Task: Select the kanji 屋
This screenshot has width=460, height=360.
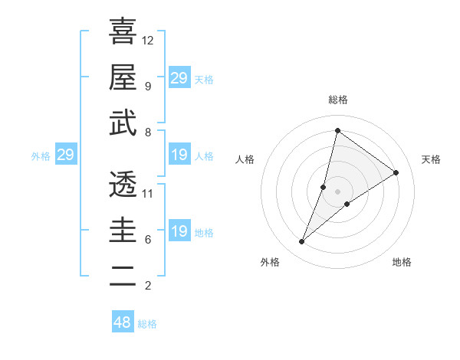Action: pos(123,76)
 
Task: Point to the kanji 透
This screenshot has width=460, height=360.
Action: pos(123,184)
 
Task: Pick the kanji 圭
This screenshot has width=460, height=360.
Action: pos(123,230)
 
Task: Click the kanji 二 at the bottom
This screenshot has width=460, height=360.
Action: pos(123,277)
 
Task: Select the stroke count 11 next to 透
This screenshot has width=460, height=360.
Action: pos(148,193)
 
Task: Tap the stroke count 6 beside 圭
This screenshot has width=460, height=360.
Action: pos(147,240)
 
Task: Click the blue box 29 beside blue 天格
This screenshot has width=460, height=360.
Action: pos(179,78)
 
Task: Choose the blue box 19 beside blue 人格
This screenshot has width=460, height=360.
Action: pos(179,155)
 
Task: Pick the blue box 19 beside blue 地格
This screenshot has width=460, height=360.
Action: pos(179,231)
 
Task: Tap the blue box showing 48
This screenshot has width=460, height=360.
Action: pos(123,322)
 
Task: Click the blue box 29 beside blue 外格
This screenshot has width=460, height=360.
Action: pos(65,155)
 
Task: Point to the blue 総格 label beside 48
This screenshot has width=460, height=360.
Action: pos(147,324)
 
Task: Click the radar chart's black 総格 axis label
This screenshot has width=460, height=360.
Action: pos(337,100)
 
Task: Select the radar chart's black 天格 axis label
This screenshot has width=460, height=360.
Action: pos(431,159)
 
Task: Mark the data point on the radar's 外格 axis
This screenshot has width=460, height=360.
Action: pos(302,242)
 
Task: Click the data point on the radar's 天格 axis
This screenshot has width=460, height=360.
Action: pos(396,172)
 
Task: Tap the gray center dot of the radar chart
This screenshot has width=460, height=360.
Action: pos(337,191)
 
